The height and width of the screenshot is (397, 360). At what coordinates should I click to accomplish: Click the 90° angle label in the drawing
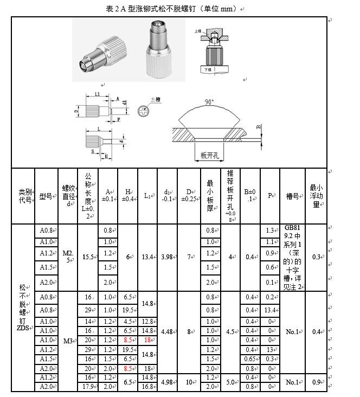pos(209,101)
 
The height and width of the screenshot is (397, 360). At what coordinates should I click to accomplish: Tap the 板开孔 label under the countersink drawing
pos(209,156)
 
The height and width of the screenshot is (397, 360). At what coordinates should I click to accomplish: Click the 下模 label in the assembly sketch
pos(208,70)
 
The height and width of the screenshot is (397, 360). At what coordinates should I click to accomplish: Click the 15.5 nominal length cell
pos(88,257)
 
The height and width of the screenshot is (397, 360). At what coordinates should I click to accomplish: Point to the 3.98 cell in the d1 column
pos(166,257)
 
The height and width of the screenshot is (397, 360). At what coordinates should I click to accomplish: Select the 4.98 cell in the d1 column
pos(166,382)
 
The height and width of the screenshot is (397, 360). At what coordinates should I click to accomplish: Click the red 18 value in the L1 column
pos(147,340)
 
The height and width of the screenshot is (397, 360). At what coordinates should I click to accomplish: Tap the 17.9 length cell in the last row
pos(88,387)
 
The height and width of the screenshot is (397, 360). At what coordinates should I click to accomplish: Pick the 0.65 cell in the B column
pos(249,358)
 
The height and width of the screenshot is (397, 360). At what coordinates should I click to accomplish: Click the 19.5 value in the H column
pos(128,310)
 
